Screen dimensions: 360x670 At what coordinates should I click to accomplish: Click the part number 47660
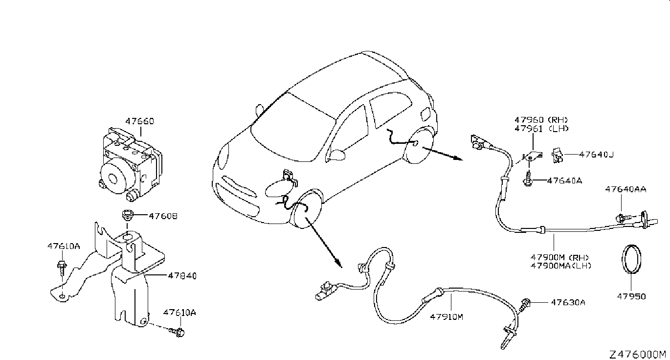(x=139, y=121)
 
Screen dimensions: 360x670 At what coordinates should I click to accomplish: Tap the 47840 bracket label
(x=181, y=276)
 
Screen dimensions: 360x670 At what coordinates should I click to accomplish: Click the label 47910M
(x=446, y=316)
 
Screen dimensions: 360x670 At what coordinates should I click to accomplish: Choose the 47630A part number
(x=568, y=302)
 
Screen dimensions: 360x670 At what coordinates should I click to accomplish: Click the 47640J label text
(x=596, y=155)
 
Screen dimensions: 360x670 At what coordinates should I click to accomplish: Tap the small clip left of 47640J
(x=557, y=155)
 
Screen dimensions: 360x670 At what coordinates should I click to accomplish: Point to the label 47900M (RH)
(x=560, y=258)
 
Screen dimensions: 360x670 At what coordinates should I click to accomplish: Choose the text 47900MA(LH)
(x=561, y=266)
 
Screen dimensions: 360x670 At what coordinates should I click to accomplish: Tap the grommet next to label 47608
(x=128, y=216)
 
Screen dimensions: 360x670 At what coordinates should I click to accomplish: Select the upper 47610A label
(x=64, y=247)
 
